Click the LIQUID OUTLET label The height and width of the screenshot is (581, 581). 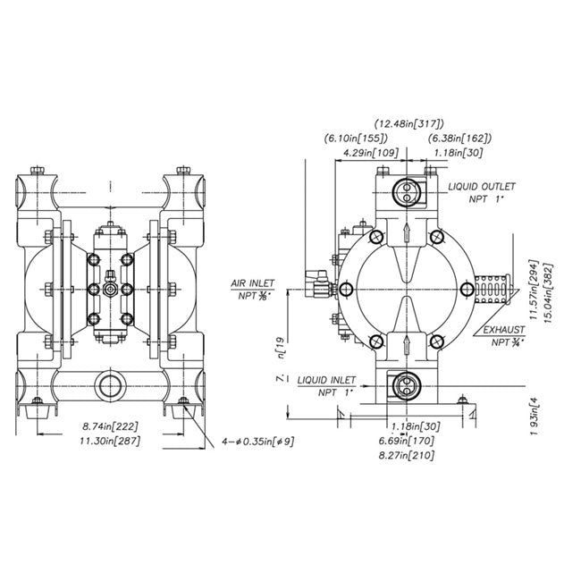[x=482, y=185]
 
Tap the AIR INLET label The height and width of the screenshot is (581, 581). [x=252, y=282]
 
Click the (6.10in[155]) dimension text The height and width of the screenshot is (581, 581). [x=355, y=139]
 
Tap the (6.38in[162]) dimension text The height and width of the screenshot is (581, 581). [x=461, y=139]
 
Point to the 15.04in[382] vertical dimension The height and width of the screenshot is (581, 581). [x=547, y=286]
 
